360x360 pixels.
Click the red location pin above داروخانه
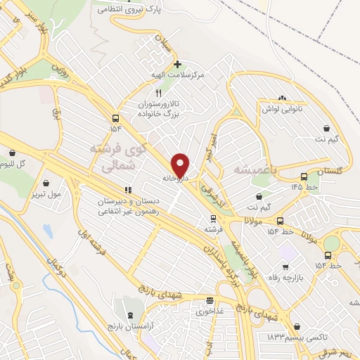click(181, 165)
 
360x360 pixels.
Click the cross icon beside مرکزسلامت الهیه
click(177, 63)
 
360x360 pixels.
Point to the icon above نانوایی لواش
click(282, 97)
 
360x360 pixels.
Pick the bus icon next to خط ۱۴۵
click(303, 176)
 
